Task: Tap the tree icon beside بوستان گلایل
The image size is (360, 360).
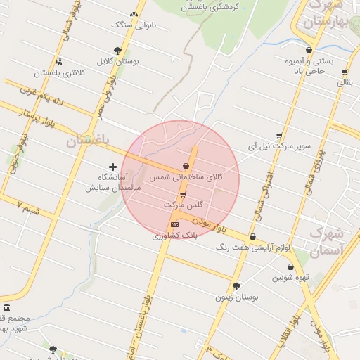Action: tap(117, 51)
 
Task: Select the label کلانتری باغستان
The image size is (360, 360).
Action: tap(60, 73)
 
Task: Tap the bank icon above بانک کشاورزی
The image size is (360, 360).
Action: tap(174, 224)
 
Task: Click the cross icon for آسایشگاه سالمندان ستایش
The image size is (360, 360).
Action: tap(112, 167)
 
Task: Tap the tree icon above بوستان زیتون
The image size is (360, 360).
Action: tap(236, 286)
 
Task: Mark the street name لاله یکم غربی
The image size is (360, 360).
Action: tap(41, 98)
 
